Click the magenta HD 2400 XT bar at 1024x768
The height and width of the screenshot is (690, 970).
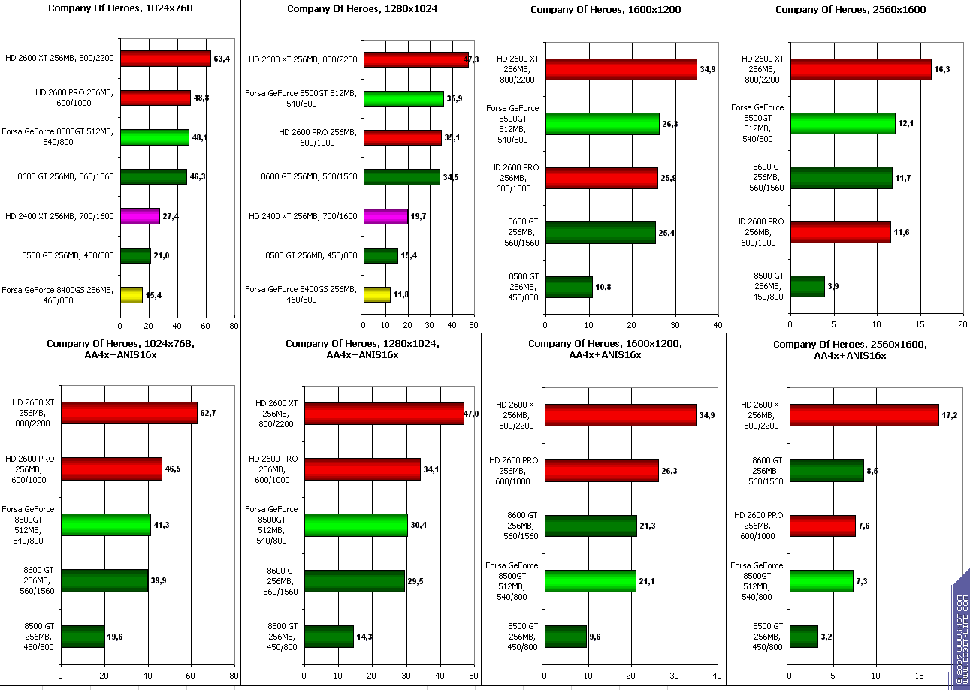[140, 216]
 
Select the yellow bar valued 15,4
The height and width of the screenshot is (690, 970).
[131, 295]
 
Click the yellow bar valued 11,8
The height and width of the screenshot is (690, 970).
[377, 295]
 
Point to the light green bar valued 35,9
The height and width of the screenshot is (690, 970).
[403, 98]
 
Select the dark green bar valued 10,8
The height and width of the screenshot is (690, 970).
[569, 287]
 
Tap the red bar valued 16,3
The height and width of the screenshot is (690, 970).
[861, 69]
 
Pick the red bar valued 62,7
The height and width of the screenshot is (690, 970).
[129, 413]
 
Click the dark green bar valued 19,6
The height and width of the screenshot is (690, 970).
[83, 637]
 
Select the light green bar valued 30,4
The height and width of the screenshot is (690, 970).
[356, 525]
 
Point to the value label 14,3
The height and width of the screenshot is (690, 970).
[364, 637]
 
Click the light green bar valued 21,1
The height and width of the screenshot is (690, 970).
[591, 581]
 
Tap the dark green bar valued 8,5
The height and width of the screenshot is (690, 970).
[827, 470]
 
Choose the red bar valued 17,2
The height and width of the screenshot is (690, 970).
[865, 414]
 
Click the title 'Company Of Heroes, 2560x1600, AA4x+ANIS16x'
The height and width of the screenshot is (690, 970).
[850, 349]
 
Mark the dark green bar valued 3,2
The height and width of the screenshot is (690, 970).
[804, 637]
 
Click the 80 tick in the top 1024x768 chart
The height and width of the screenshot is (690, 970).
[234, 326]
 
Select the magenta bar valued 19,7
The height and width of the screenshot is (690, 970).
[385, 216]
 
